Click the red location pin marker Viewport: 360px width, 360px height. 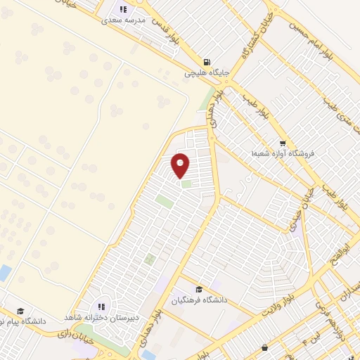click(x=181, y=166)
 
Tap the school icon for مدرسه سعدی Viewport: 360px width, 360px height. click(x=124, y=9)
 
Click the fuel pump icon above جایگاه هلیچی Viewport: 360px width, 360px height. click(x=206, y=61)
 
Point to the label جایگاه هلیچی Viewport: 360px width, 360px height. click(x=205, y=72)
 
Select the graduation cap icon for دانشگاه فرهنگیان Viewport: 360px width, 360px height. click(x=199, y=289)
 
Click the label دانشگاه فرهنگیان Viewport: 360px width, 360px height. click(x=200, y=300)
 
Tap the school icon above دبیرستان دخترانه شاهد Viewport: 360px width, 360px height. click(x=102, y=307)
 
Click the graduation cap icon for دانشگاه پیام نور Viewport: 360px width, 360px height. click(x=20, y=311)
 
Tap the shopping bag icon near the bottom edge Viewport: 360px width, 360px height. click(x=264, y=347)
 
